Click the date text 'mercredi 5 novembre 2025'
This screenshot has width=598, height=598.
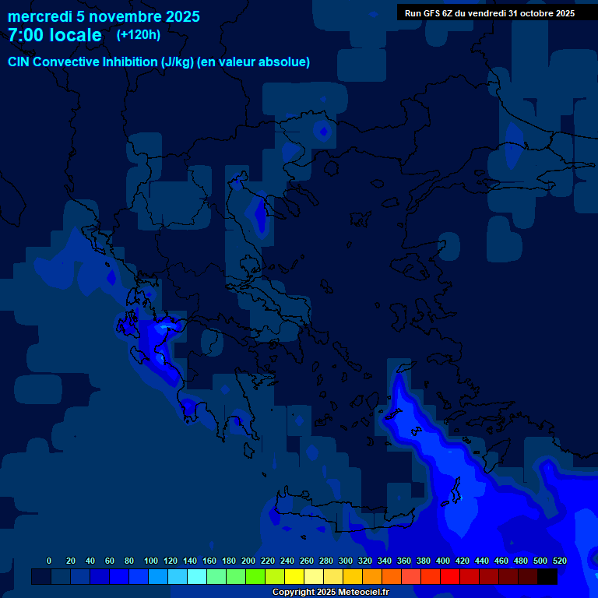pyautogui.click(x=104, y=16)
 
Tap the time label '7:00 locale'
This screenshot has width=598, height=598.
pyautogui.click(x=55, y=35)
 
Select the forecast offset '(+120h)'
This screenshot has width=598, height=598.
pyautogui.click(x=139, y=34)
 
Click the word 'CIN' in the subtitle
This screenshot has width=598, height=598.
pyautogui.click(x=19, y=62)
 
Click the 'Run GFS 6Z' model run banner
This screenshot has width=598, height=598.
pyautogui.click(x=490, y=13)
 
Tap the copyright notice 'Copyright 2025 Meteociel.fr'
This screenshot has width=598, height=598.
pyautogui.click(x=330, y=592)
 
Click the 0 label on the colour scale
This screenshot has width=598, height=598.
pyautogui.click(x=49, y=561)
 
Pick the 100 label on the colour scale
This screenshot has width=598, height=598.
pyautogui.click(x=151, y=561)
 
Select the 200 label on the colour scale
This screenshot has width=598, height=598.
pyautogui.click(x=248, y=561)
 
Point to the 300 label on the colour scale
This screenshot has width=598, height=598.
pyautogui.click(x=346, y=561)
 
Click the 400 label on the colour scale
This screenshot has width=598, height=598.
pyautogui.click(x=443, y=561)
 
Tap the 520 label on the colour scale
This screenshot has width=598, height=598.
pyautogui.click(x=559, y=561)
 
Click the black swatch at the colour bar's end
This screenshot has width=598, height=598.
pyautogui.click(x=547, y=576)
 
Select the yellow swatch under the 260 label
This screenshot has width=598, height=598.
pyautogui.click(x=294, y=576)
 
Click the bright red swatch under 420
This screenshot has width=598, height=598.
pyautogui.click(x=450, y=576)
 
